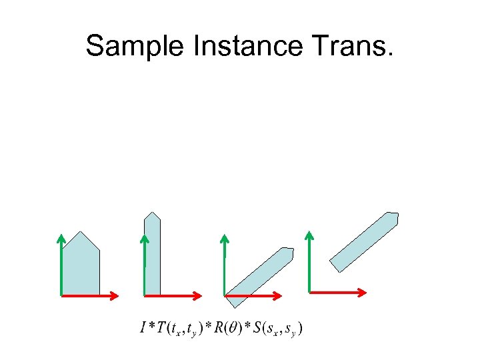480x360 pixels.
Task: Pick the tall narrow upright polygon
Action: click(x=153, y=257)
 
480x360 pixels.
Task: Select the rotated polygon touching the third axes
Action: click(x=260, y=276)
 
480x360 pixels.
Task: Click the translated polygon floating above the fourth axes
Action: click(x=365, y=241)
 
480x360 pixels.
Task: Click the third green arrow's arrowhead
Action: click(x=225, y=238)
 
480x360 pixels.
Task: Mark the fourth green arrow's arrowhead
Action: click(x=309, y=235)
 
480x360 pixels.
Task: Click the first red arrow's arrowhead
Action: click(x=115, y=295)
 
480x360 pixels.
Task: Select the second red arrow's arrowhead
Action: click(x=198, y=295)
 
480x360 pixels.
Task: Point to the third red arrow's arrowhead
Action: click(x=278, y=295)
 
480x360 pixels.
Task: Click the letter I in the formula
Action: click(x=143, y=327)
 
